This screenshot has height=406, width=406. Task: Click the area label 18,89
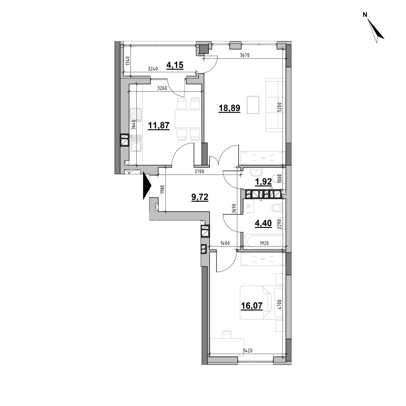230,108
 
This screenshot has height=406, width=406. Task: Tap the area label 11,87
159,126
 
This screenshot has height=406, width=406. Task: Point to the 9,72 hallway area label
200,197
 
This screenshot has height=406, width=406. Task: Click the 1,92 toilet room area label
263,182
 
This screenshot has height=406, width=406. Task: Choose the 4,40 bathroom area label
263,223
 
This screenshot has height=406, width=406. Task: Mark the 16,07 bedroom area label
252,306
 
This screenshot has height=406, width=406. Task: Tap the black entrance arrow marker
147,186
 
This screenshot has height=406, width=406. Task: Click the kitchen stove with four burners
136,115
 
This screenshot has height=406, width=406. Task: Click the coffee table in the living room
253,105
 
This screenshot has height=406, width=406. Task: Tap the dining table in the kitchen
188,119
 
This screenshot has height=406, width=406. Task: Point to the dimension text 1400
225,243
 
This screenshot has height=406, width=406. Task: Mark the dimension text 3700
199,171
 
